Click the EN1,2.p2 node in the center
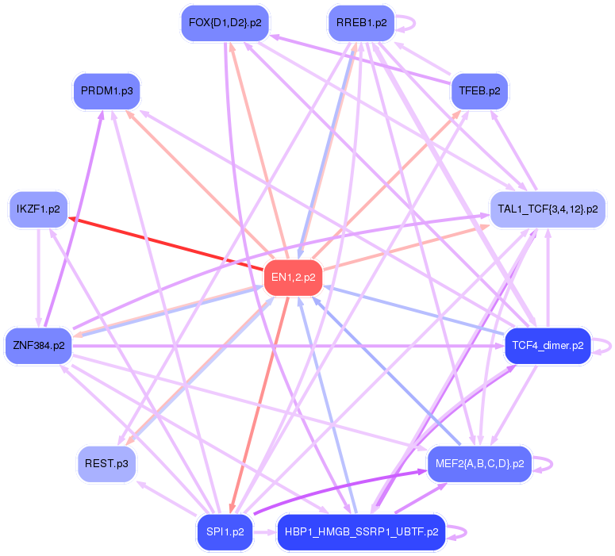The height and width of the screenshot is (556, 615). click(293, 278)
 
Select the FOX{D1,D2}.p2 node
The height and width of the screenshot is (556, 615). click(225, 22)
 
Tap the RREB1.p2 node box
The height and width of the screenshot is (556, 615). click(361, 22)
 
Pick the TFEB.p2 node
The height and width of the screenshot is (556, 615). click(479, 90)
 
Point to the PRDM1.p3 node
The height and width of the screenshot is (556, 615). click(106, 90)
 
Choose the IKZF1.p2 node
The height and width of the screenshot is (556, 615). click(38, 209)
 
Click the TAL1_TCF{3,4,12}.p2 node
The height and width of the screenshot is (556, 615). click(548, 209)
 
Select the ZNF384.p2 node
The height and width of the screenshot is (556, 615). click(38, 346)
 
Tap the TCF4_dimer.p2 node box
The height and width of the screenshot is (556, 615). click(548, 346)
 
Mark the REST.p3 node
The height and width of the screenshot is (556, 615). click(106, 464)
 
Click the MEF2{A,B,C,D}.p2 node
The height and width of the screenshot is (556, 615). click(479, 464)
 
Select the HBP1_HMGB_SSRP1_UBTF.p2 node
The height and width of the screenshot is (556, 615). click(361, 532)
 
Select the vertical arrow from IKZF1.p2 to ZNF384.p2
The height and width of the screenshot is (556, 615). click(38, 278)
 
